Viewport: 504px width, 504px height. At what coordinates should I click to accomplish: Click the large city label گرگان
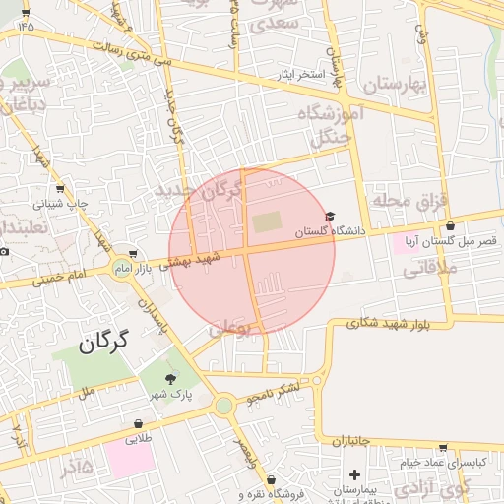101,344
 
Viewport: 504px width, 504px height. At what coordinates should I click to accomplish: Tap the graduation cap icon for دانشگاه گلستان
330,217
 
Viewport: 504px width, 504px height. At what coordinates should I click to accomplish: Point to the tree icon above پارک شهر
173,379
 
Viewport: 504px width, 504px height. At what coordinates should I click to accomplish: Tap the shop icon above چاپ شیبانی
61,189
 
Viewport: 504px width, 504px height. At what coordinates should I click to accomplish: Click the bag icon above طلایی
138,424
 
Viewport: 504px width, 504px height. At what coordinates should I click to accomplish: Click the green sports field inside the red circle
266,222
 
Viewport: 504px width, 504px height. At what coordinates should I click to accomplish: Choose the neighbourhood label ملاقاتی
425,266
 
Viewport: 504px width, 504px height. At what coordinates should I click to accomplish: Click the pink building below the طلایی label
130,458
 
